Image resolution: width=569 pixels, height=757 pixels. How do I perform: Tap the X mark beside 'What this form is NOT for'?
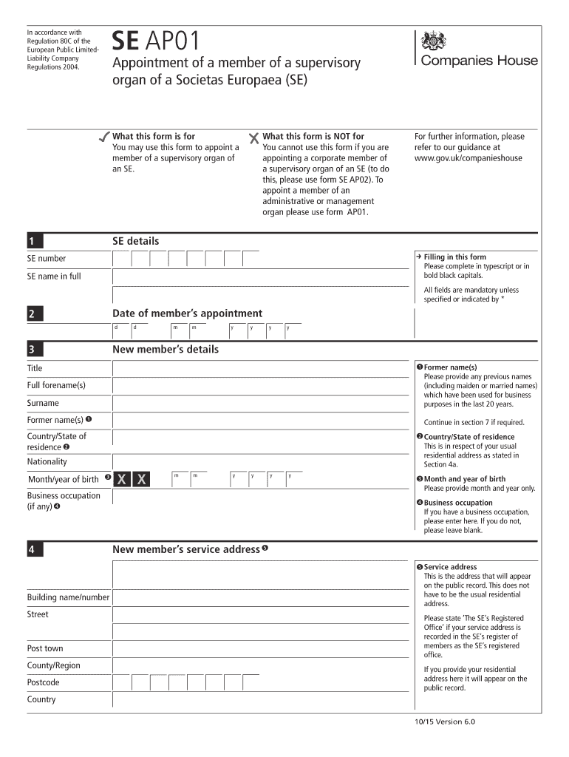tap(255, 138)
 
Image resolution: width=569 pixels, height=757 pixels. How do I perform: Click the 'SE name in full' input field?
tap(260, 276)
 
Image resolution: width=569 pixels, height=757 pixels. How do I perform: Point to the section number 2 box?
tap(35, 314)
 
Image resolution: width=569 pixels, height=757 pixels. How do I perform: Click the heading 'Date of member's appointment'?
tap(187, 313)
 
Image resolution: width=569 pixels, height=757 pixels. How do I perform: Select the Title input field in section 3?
tap(260, 368)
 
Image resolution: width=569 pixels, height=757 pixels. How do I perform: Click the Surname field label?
tap(43, 404)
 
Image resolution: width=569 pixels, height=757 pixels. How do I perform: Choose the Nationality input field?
tap(260, 461)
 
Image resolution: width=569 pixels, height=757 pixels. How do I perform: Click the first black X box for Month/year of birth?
tap(121, 480)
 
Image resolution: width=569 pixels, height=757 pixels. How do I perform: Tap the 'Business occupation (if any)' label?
tap(64, 500)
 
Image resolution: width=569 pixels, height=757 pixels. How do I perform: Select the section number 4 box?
tap(35, 550)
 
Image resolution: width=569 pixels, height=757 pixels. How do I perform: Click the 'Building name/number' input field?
tap(260, 597)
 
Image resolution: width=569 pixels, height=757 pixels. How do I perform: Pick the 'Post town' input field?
tap(260, 648)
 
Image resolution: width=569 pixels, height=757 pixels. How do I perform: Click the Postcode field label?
tap(44, 682)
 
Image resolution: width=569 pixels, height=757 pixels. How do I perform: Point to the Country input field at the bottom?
tap(260, 699)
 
